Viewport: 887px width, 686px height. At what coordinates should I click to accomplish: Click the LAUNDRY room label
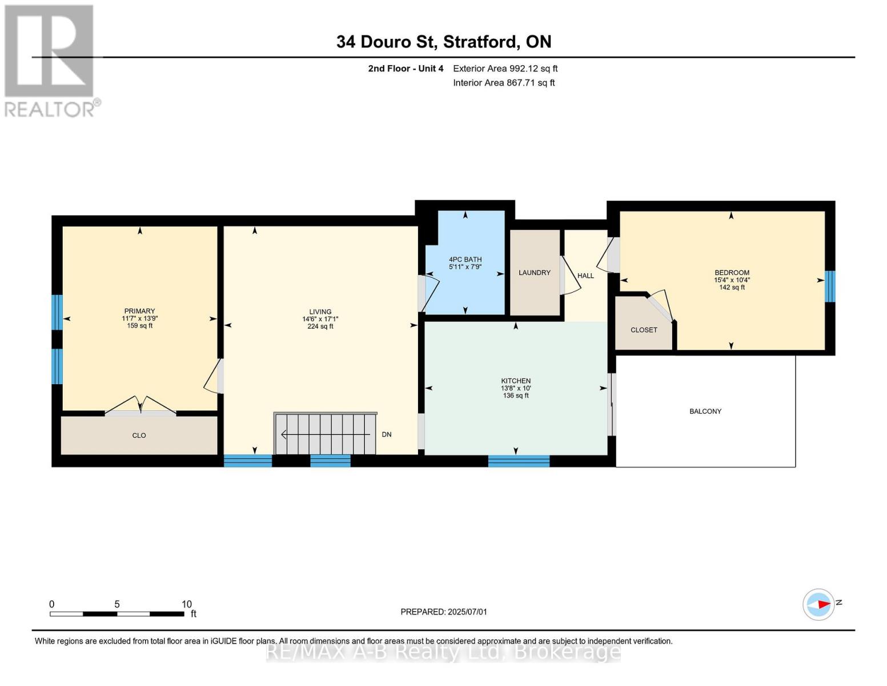pyautogui.click(x=535, y=273)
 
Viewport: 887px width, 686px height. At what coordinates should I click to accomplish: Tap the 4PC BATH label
pyautogui.click(x=465, y=260)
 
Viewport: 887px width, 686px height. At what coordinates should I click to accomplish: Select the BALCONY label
pyautogui.click(x=705, y=412)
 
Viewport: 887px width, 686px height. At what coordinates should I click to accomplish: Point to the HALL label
pyautogui.click(x=585, y=276)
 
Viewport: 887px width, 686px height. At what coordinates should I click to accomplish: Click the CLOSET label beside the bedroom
pyautogui.click(x=644, y=330)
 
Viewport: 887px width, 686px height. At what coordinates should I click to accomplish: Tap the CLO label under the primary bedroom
pyautogui.click(x=139, y=436)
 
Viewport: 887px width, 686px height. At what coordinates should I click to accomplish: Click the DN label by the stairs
pyautogui.click(x=387, y=434)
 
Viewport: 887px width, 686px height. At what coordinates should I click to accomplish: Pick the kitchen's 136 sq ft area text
pyautogui.click(x=516, y=396)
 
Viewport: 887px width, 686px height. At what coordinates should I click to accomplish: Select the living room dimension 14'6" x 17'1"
pyautogui.click(x=320, y=319)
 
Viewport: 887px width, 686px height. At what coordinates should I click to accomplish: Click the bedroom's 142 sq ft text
pyautogui.click(x=732, y=287)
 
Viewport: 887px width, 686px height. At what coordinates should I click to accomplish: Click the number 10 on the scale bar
pyautogui.click(x=187, y=604)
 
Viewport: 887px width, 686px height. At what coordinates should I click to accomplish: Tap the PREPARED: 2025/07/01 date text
pyautogui.click(x=444, y=612)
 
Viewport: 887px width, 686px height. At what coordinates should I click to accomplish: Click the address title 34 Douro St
pyautogui.click(x=386, y=42)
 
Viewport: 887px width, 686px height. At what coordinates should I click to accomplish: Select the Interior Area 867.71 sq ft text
pyautogui.click(x=504, y=82)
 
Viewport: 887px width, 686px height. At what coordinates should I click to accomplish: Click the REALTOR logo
pyautogui.click(x=51, y=61)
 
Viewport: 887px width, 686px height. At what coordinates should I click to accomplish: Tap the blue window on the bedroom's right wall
pyautogui.click(x=830, y=286)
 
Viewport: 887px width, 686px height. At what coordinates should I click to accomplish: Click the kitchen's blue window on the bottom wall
pyautogui.click(x=519, y=461)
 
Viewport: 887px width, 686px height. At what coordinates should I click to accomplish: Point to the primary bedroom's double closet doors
pyautogui.click(x=141, y=405)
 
